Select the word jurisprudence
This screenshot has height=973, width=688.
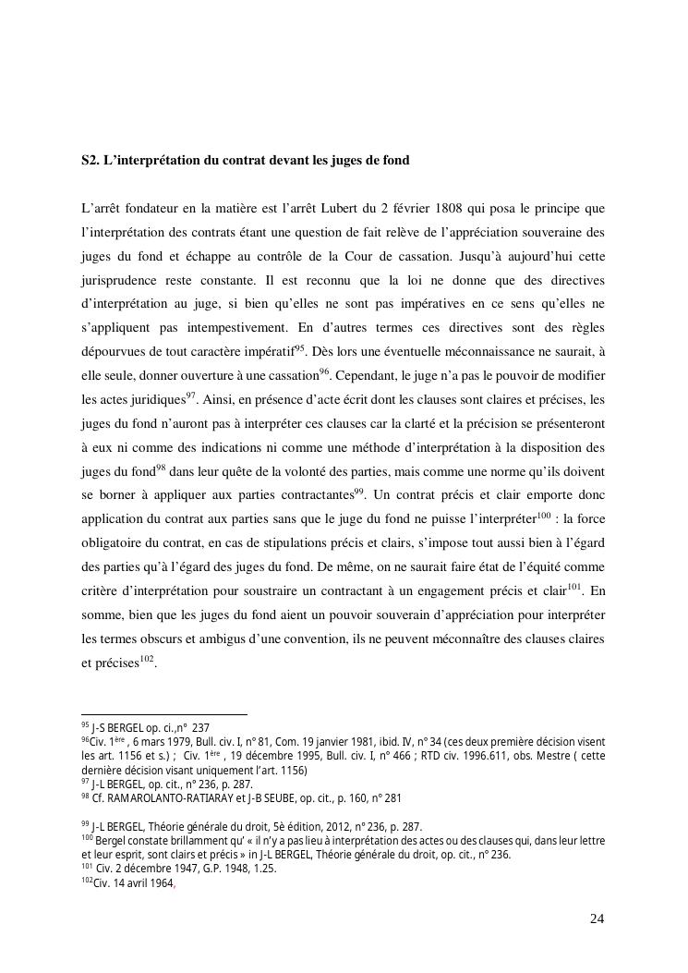120,278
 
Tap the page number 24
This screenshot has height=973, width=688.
597,918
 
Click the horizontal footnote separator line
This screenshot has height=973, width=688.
164,713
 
